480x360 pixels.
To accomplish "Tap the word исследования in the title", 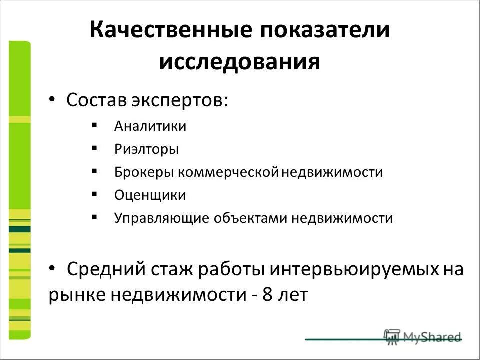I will click(x=240, y=62).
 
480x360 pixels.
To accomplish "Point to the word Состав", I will click(x=97, y=100).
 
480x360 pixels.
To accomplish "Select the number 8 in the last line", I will click(x=267, y=295).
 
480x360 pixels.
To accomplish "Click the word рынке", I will click(x=77, y=295).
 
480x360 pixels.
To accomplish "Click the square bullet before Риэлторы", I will click(x=95, y=148).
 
